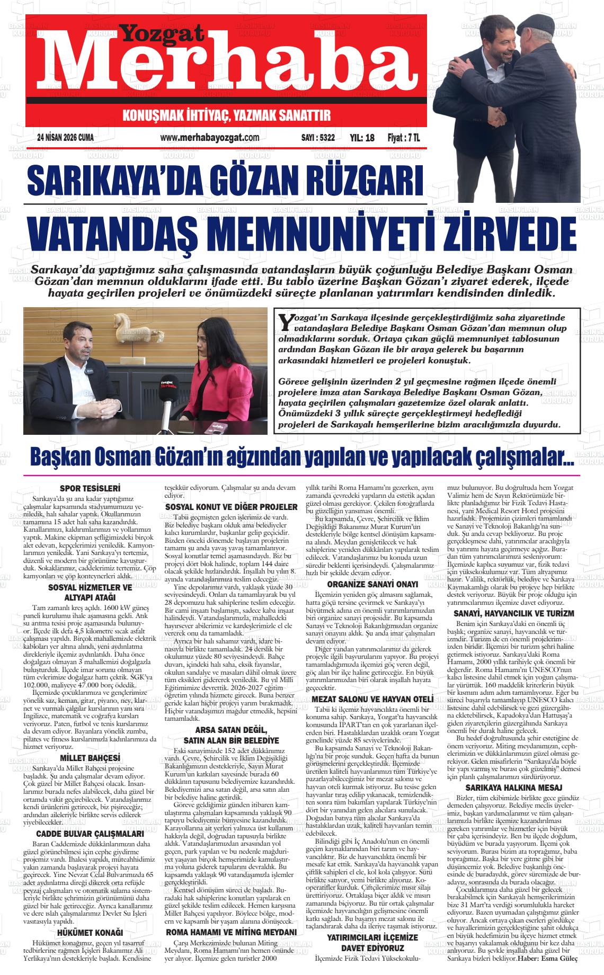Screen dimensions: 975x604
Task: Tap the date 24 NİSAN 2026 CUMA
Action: [66, 138]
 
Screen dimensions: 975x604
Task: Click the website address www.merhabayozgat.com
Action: [209, 138]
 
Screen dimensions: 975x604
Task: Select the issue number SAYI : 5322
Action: [317, 138]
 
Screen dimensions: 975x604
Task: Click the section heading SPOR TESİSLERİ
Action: [90, 488]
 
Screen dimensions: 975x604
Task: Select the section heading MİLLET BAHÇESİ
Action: [90, 757]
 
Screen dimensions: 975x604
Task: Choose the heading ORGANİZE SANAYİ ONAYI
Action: [372, 585]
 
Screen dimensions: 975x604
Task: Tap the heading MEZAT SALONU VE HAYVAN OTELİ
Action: [372, 699]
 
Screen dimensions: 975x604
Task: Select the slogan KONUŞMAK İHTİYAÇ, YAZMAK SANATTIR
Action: [226, 115]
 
